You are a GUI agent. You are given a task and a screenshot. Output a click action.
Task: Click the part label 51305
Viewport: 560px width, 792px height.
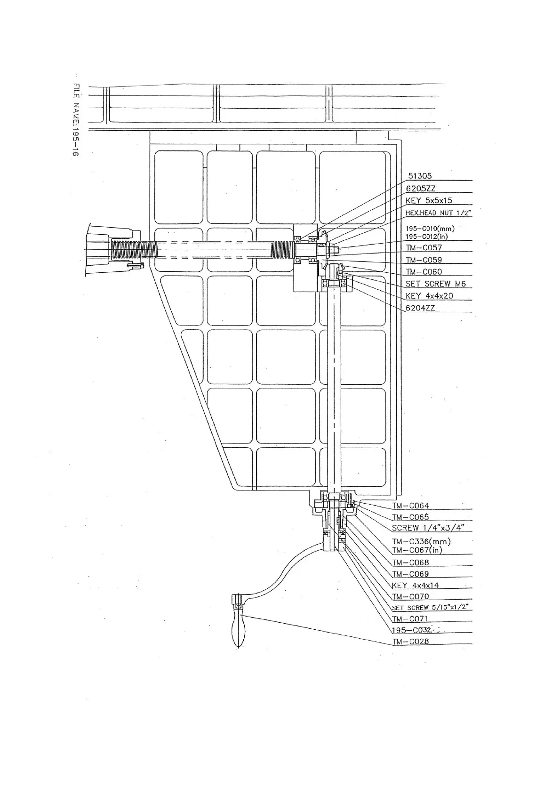coord(419,176)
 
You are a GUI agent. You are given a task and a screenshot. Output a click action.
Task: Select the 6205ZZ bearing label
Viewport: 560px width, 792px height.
coord(421,188)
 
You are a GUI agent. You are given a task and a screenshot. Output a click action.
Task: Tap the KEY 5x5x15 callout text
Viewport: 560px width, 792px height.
coord(429,200)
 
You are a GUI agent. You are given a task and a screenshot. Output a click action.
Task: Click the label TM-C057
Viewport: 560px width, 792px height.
coord(424,248)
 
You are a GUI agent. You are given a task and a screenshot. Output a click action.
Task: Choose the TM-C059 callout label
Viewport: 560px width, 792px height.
coord(424,260)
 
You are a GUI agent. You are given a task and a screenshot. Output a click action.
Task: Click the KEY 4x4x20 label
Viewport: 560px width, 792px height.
coord(429,296)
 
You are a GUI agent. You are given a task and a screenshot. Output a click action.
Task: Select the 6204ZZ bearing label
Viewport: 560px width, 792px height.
coord(420,308)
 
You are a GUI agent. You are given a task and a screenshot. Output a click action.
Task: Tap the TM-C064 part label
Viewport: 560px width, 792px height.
coord(410,506)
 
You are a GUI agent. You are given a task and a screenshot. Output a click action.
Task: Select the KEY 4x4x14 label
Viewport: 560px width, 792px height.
coord(416,586)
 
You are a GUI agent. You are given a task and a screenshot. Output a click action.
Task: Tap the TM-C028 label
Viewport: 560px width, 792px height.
coord(410,642)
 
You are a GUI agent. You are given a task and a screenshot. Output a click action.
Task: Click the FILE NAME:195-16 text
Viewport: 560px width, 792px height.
coord(76,119)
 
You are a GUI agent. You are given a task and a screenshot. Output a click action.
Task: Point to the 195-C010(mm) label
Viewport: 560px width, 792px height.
coord(430,229)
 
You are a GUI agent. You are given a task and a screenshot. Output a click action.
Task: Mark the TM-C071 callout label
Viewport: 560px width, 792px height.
coord(410,619)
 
